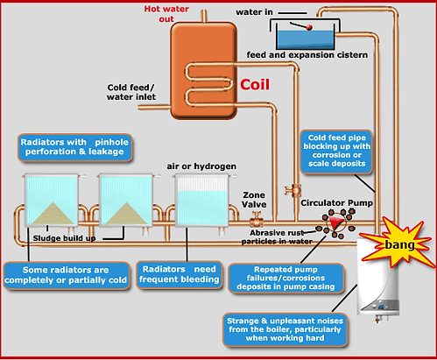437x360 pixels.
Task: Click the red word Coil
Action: [x=255, y=85]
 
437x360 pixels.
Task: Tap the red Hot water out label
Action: [x=166, y=14]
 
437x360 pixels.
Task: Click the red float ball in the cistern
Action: [x=309, y=28]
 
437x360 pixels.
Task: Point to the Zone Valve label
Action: [x=254, y=200]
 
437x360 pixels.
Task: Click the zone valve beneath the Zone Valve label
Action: [x=257, y=220]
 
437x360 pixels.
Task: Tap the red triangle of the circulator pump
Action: [x=335, y=223]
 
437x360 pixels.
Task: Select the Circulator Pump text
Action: [x=337, y=203]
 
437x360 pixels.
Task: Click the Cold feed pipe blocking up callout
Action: [x=336, y=152]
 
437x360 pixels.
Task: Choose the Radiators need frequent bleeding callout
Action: [x=180, y=274]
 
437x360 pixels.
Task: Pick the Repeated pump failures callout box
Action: [x=285, y=278]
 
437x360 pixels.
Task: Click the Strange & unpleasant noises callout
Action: [x=285, y=329]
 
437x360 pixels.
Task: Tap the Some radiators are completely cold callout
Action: [x=67, y=275]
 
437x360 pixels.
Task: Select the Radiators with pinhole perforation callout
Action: [x=74, y=147]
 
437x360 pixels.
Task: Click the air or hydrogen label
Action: [x=201, y=166]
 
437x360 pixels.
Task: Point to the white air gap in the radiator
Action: [x=202, y=184]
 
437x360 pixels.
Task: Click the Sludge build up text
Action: [x=64, y=238]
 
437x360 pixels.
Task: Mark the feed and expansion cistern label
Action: [x=307, y=55]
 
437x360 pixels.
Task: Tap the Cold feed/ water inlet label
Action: [x=131, y=92]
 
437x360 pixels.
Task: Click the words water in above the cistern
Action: [x=254, y=12]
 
